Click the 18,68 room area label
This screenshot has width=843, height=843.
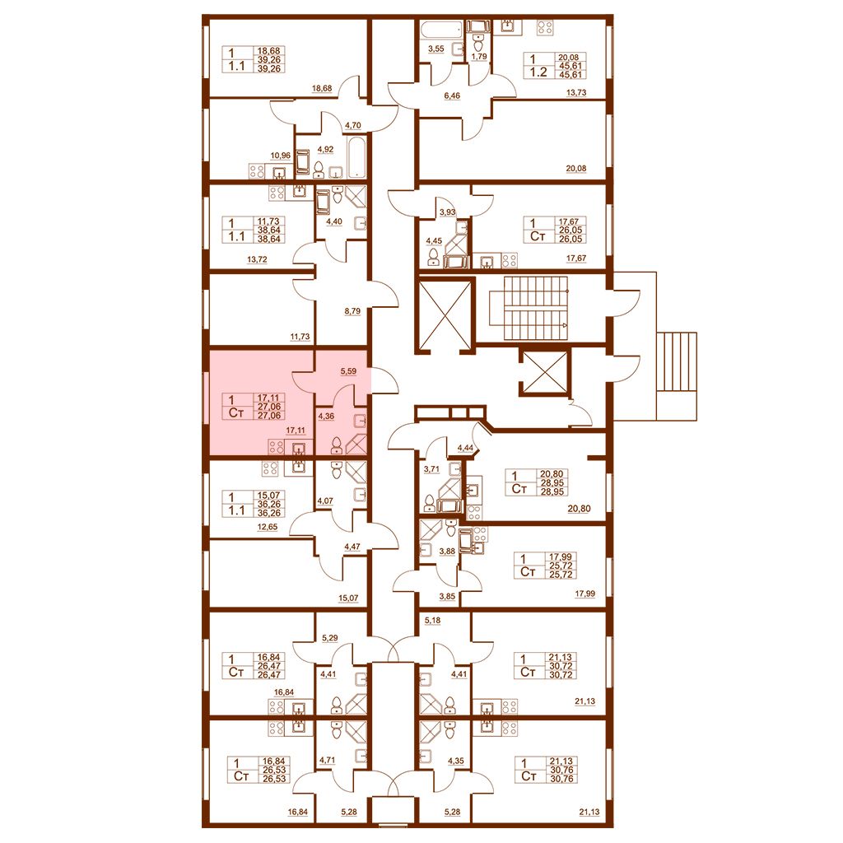(x=322, y=88)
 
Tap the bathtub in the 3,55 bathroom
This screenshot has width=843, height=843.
(x=441, y=29)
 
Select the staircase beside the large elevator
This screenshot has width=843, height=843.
(x=536, y=308)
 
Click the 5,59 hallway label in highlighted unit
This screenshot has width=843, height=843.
(x=348, y=371)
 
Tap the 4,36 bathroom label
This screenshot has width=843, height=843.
(x=326, y=416)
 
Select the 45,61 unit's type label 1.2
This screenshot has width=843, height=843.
(x=538, y=72)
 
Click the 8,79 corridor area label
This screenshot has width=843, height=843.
(x=352, y=310)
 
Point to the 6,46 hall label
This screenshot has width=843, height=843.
(x=452, y=95)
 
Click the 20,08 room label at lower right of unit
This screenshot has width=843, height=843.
(x=575, y=168)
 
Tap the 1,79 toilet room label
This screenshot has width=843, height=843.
(x=478, y=55)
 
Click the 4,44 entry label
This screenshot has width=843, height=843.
(x=465, y=447)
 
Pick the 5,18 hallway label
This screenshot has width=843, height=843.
(x=432, y=621)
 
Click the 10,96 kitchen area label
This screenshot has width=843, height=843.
(x=280, y=156)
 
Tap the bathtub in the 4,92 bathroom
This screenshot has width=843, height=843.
(x=357, y=157)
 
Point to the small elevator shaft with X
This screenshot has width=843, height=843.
(x=543, y=374)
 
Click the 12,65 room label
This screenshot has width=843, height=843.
(x=268, y=527)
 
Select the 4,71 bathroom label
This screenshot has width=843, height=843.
(x=326, y=760)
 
